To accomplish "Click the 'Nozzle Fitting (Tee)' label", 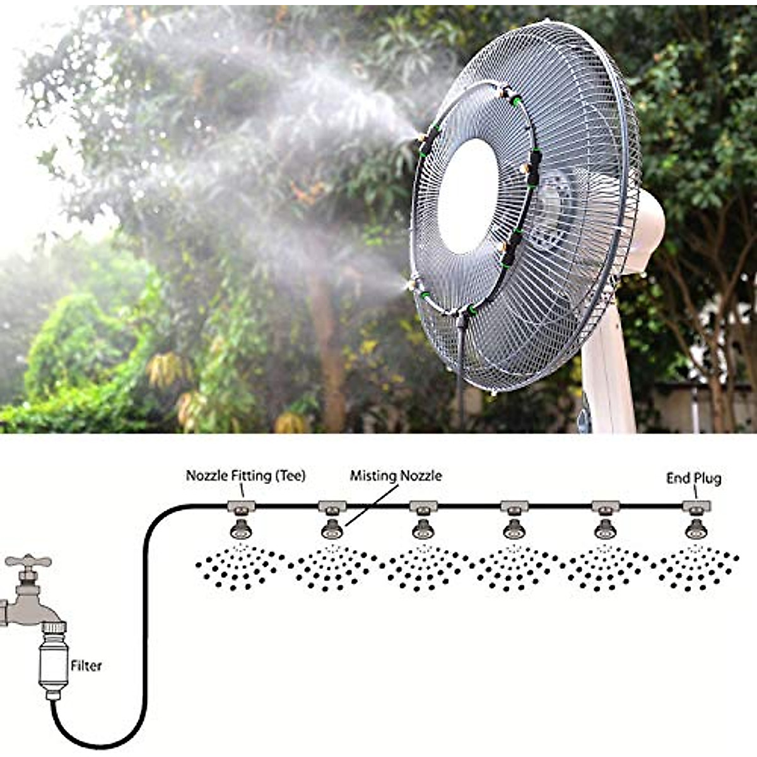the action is pos(245,476).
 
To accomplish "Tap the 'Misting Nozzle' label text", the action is pos(396,476).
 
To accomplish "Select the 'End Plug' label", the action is pos(693,478).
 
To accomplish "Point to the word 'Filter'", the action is pos(86,666).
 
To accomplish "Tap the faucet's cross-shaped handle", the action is pos(28,561).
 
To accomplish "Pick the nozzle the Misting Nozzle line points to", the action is pos(332,529).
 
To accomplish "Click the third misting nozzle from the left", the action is pos(423,529).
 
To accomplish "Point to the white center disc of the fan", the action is pos(467,196).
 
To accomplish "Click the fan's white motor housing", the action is pos(643,233).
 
